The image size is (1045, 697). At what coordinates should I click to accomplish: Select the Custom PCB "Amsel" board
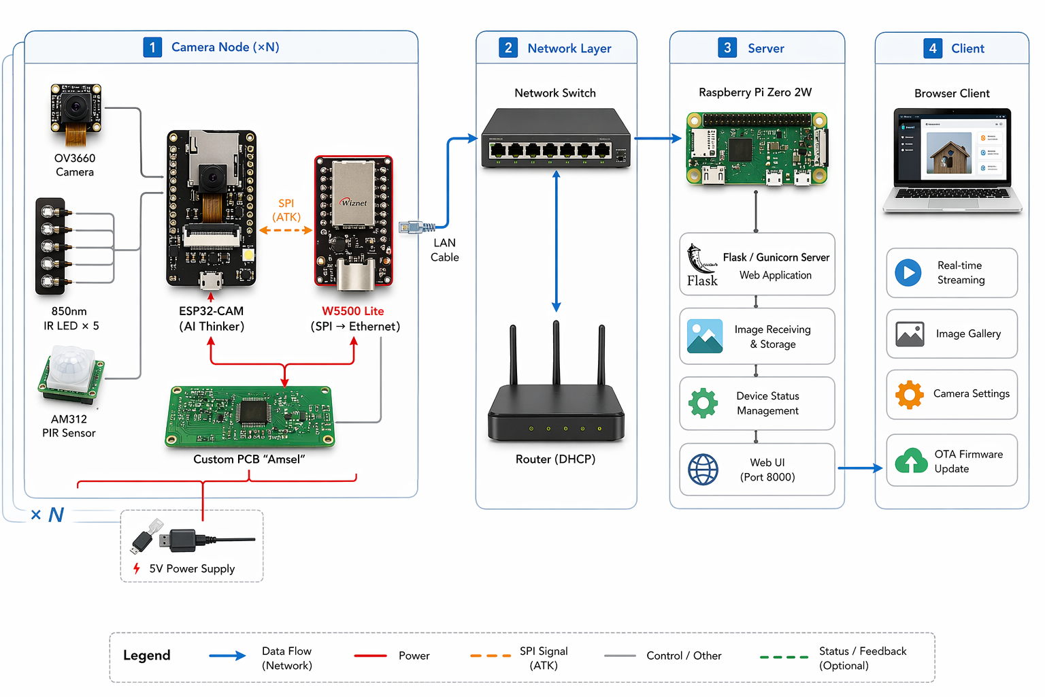(250, 416)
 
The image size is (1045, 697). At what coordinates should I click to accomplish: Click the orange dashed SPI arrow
(286, 230)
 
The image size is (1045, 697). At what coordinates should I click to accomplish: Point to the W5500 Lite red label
(352, 311)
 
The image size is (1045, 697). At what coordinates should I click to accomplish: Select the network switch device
(555, 139)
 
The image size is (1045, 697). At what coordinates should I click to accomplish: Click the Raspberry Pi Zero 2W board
(757, 148)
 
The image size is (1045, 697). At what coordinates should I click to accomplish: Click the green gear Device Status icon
(703, 403)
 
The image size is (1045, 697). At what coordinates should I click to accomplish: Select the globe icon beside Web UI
(703, 470)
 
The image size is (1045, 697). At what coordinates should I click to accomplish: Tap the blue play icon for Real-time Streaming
(908, 273)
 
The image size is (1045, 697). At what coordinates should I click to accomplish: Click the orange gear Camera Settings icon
(910, 394)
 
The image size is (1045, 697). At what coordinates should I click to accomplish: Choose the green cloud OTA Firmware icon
(911, 461)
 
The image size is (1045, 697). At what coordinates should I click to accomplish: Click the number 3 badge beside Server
(727, 48)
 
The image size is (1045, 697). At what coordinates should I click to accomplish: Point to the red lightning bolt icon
(137, 568)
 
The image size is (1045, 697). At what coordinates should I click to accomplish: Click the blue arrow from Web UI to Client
(860, 468)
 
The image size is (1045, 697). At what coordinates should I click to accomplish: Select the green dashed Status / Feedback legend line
(784, 657)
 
